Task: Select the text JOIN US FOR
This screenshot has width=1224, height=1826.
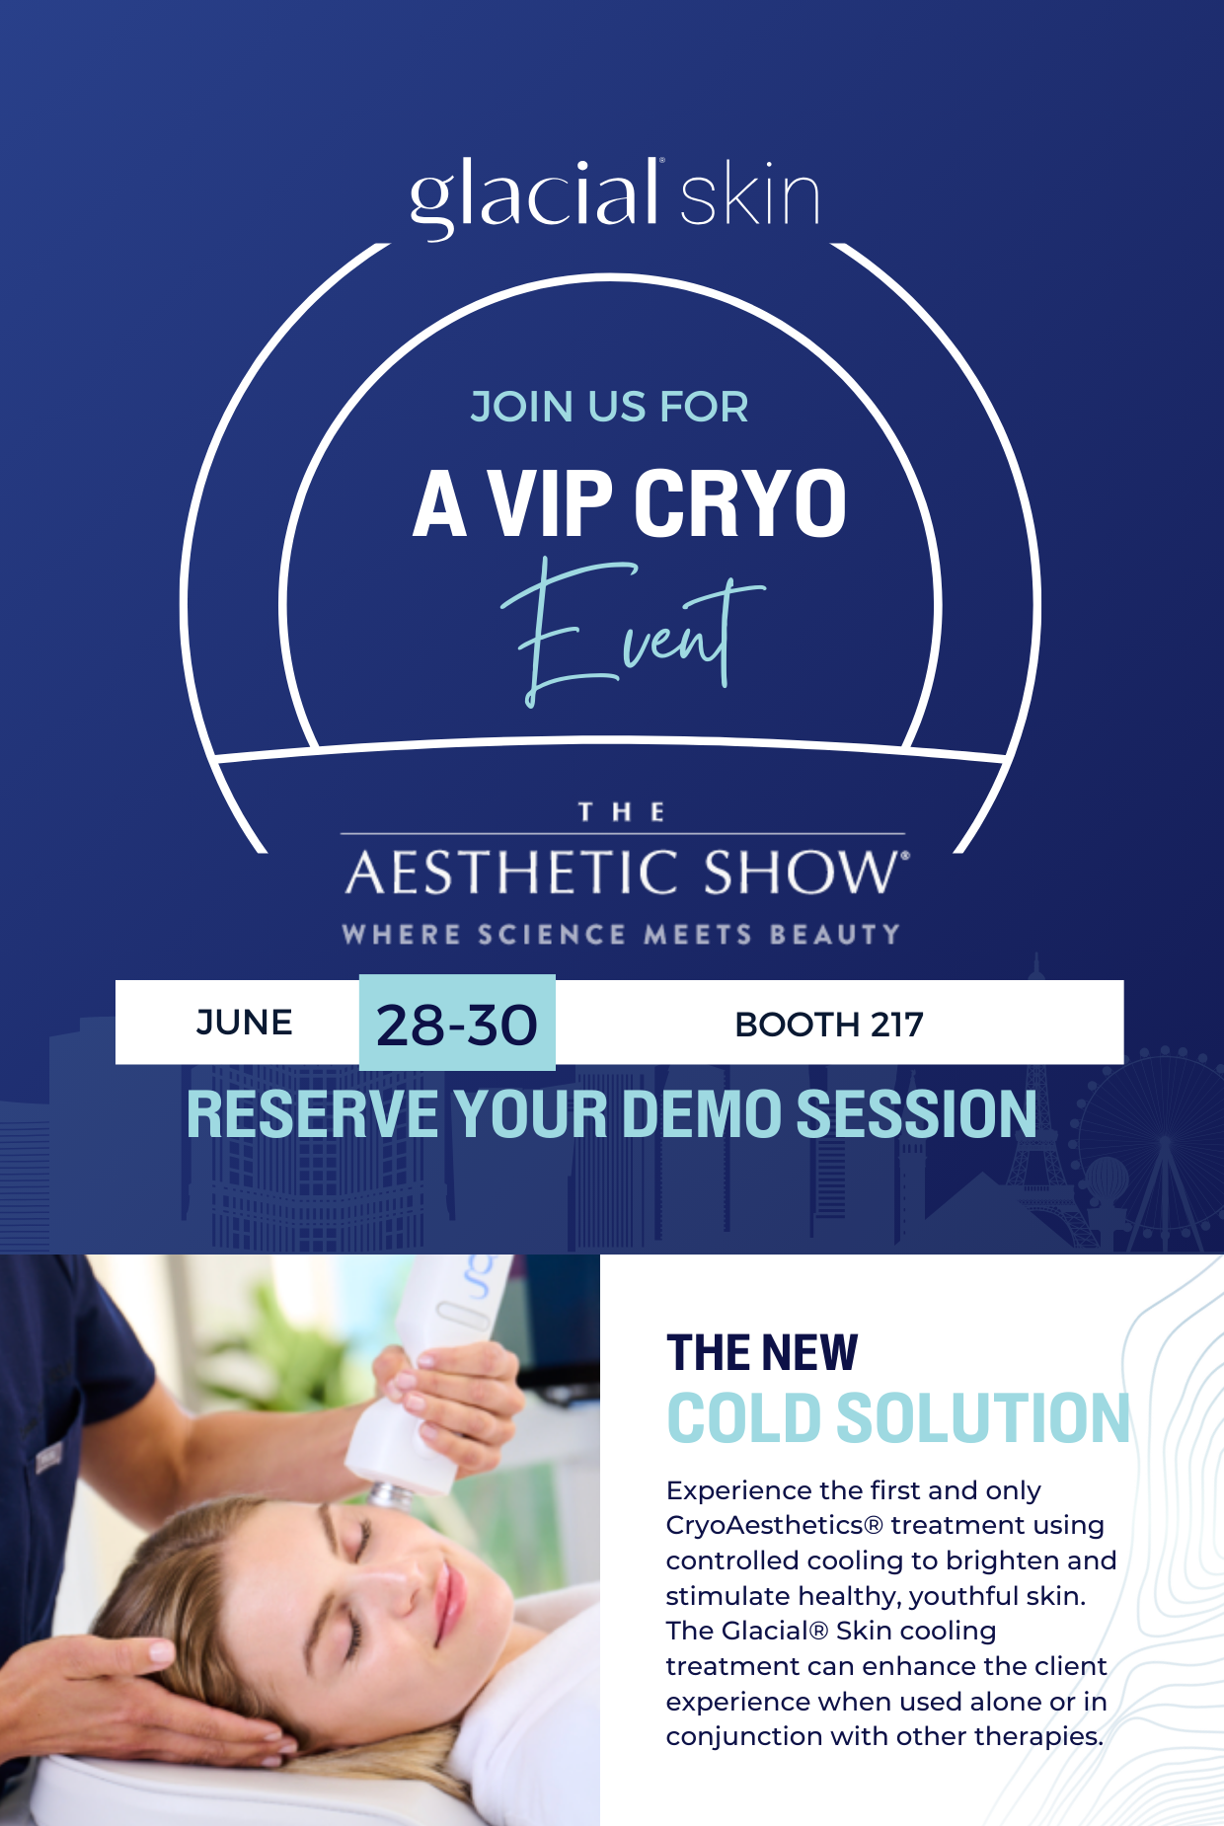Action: click(x=609, y=407)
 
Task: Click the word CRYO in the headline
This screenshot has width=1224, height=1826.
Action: click(x=740, y=503)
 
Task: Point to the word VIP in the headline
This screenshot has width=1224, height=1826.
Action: click(x=551, y=503)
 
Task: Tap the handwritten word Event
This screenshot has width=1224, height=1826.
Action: click(x=632, y=632)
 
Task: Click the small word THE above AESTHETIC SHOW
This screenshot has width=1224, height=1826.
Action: click(x=622, y=812)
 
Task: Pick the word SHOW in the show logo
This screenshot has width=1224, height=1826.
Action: click(x=803, y=873)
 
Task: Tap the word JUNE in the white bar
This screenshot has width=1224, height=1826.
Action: click(x=244, y=1023)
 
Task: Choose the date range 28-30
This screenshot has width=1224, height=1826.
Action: click(x=457, y=1025)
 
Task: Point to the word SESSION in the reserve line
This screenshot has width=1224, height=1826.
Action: click(x=917, y=1114)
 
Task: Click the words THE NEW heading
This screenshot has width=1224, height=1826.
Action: click(x=762, y=1352)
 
